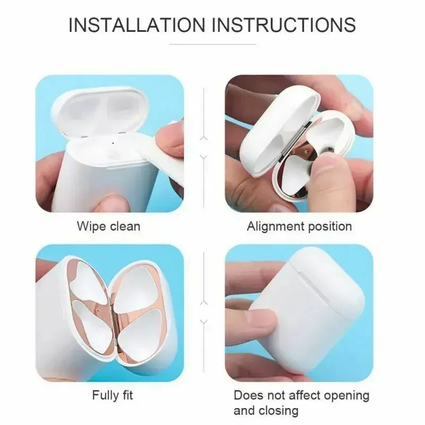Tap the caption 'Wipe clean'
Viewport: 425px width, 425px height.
tap(109, 226)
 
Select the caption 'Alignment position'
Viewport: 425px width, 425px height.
tap(299, 226)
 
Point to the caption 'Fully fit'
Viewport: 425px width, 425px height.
tap(113, 395)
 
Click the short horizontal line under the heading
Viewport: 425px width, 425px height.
tap(212, 45)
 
